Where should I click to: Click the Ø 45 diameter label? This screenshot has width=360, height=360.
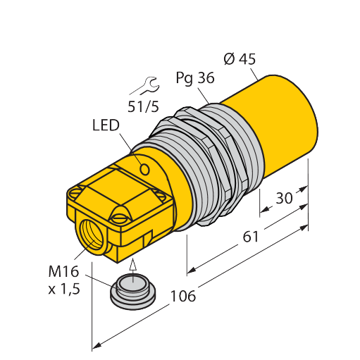240,59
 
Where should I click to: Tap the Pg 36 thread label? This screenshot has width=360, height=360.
195,78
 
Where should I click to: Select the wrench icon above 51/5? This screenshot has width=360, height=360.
145,86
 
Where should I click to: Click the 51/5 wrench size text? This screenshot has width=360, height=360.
143,106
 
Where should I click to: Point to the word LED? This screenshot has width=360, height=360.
106,125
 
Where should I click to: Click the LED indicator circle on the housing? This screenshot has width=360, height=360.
144,169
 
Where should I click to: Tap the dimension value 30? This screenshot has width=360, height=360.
284,198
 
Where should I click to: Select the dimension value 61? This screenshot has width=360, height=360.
251,237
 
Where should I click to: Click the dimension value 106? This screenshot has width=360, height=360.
183,296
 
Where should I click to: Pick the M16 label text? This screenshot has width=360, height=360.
63,271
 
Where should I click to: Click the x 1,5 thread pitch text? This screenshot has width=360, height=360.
64,289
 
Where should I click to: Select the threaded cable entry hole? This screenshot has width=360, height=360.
92,236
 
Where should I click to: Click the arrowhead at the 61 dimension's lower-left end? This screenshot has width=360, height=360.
192,271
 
